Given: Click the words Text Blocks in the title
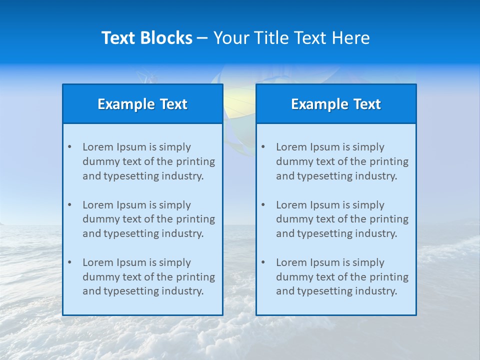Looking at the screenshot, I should coord(146,38).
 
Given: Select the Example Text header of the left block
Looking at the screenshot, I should coord(142,104).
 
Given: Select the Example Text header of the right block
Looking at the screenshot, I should coord(336,104).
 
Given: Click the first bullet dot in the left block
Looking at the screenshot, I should coord(69,147).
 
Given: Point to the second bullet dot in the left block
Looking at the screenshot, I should coord(69,205).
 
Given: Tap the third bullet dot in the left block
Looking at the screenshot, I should coord(69,262).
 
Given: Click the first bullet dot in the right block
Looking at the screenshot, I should coord(263,147).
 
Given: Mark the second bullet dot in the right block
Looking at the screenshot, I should coord(263,205).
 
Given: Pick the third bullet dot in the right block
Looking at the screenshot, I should coord(263,262).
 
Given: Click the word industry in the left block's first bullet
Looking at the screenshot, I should coord(185,176).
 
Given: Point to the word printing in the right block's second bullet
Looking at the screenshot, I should coord(388,219).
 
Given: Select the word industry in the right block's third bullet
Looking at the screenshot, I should coord(378,291).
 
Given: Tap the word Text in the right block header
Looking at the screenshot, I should coord(367,104).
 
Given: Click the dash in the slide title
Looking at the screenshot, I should coord(202,38).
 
